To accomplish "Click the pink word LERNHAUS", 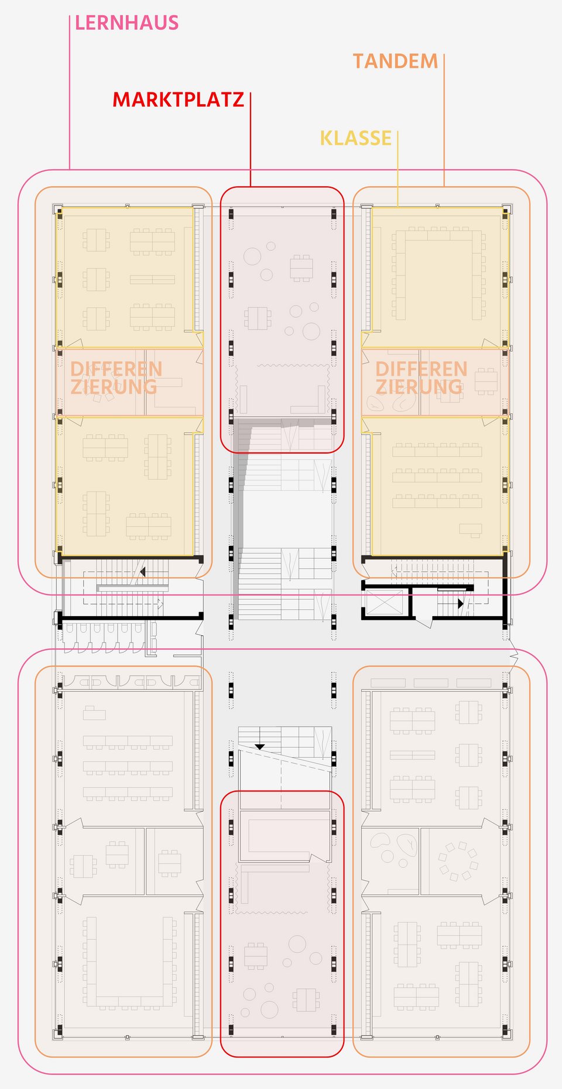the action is [x=126, y=23].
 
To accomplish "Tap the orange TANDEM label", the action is [x=395, y=61].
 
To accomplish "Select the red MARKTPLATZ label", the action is [x=178, y=99].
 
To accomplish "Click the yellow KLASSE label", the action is [x=355, y=138].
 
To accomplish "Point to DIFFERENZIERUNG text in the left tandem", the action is [x=115, y=378].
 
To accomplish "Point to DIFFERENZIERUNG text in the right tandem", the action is [x=420, y=378].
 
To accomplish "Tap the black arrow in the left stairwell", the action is [x=142, y=572].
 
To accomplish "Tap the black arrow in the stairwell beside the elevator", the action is [x=460, y=603].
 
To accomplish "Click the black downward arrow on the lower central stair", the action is [x=259, y=747].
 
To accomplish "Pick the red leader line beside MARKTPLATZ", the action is [x=251, y=139].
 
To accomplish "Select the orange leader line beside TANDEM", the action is [x=444, y=120].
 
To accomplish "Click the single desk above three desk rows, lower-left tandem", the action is [x=94, y=713].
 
